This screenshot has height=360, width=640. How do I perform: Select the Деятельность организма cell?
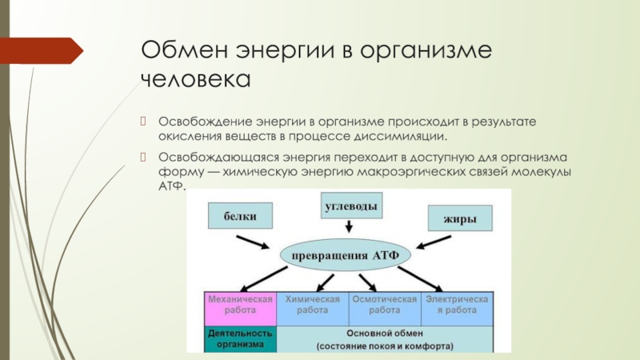[x=241, y=339]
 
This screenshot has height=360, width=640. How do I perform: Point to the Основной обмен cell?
[x=384, y=339]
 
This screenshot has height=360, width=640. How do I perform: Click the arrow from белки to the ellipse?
[x=258, y=241]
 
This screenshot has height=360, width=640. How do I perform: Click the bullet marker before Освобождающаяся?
[x=145, y=156]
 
